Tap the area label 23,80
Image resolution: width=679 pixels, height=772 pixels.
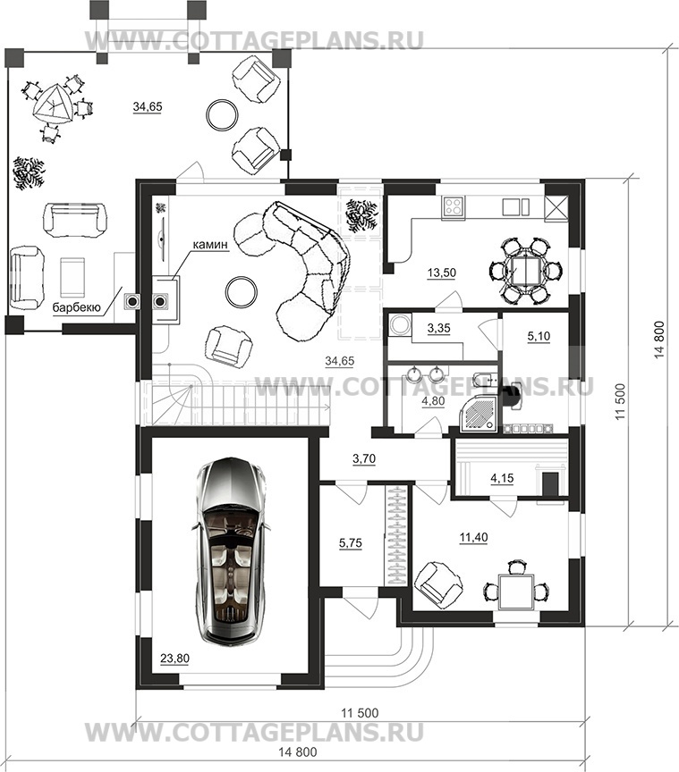coord(174,659)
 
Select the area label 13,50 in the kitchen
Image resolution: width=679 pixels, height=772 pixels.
coord(442,273)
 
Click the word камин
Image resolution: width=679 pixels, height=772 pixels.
coord(210,244)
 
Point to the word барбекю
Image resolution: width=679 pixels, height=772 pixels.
coord(77,307)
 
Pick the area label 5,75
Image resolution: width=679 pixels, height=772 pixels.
coord(350,543)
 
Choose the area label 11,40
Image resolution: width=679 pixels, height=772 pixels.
coord(473,537)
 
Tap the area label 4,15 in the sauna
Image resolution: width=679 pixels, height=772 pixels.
coord(502,477)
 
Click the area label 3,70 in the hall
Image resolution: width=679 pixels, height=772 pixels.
coord(364,459)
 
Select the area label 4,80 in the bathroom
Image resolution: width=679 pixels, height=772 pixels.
coord(433,401)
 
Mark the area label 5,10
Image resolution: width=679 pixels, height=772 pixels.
coord(539,336)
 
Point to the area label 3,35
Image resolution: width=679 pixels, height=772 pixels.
coord(439,328)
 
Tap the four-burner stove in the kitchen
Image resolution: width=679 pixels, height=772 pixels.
coord(454,206)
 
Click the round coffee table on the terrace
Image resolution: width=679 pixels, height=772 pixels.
coord(222,114)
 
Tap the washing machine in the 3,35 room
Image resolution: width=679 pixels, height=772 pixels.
coord(398,325)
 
